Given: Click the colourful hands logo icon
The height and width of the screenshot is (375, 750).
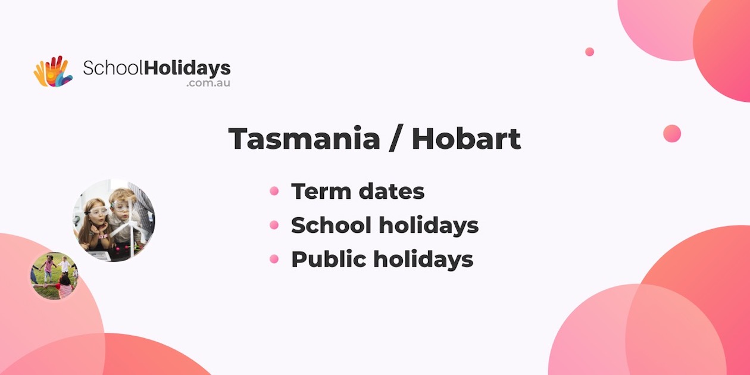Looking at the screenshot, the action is coord(53,71).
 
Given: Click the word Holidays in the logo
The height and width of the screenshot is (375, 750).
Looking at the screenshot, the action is coord(187,69).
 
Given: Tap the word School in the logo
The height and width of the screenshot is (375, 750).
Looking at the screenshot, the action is coord(113,68).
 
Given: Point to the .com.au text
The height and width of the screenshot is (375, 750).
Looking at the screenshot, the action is coord(208,83).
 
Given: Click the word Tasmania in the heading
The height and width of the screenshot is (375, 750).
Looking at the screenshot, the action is coord(304,139).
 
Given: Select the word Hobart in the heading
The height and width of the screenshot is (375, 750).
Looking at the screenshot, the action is coord(466,138).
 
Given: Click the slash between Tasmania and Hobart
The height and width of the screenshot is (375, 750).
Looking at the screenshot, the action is coord(396,139).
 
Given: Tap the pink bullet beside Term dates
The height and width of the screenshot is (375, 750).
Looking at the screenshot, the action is coord(274,191).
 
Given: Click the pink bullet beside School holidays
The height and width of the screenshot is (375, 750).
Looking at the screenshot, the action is coord(274,224).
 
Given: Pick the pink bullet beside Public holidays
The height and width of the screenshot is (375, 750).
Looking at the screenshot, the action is coord(274,259).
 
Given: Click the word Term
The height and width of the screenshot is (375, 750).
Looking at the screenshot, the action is coord(320,191).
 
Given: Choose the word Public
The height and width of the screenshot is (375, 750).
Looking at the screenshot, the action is coord(329,259).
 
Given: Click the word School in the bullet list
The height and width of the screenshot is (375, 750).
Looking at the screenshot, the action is coord(331,224).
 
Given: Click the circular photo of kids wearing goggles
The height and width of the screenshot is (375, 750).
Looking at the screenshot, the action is coord(114,220).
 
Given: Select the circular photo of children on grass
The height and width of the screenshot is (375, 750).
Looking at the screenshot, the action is coord(54,276).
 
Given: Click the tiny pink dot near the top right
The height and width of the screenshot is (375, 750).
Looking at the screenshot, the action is coord(590,52).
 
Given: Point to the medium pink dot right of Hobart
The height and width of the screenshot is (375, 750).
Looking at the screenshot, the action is coord(672,133).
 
